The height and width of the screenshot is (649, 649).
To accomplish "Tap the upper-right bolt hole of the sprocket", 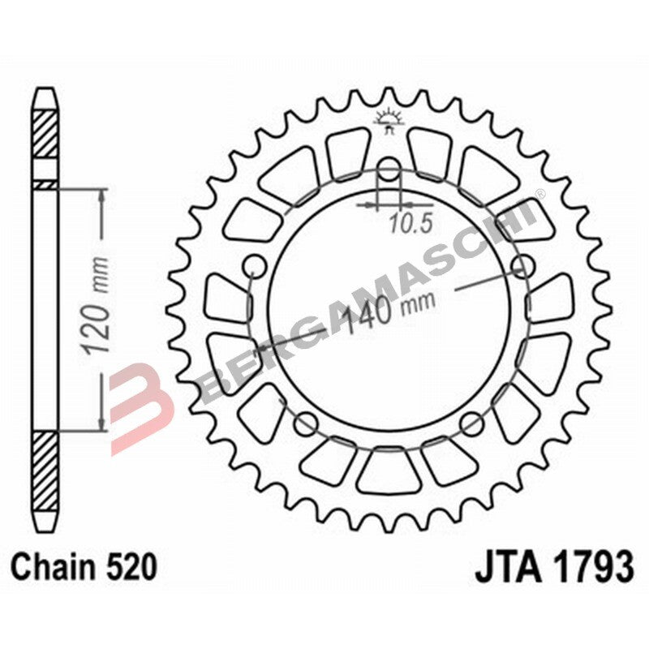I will (x=525, y=265).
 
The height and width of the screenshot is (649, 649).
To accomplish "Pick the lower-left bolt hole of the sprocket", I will (x=306, y=422).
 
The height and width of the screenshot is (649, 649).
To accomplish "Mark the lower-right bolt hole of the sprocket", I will (x=473, y=422).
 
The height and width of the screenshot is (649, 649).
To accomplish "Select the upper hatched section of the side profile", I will (x=45, y=134).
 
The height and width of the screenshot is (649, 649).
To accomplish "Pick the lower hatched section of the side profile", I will (x=45, y=471).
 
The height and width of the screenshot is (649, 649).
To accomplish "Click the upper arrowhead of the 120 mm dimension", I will (x=101, y=196).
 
